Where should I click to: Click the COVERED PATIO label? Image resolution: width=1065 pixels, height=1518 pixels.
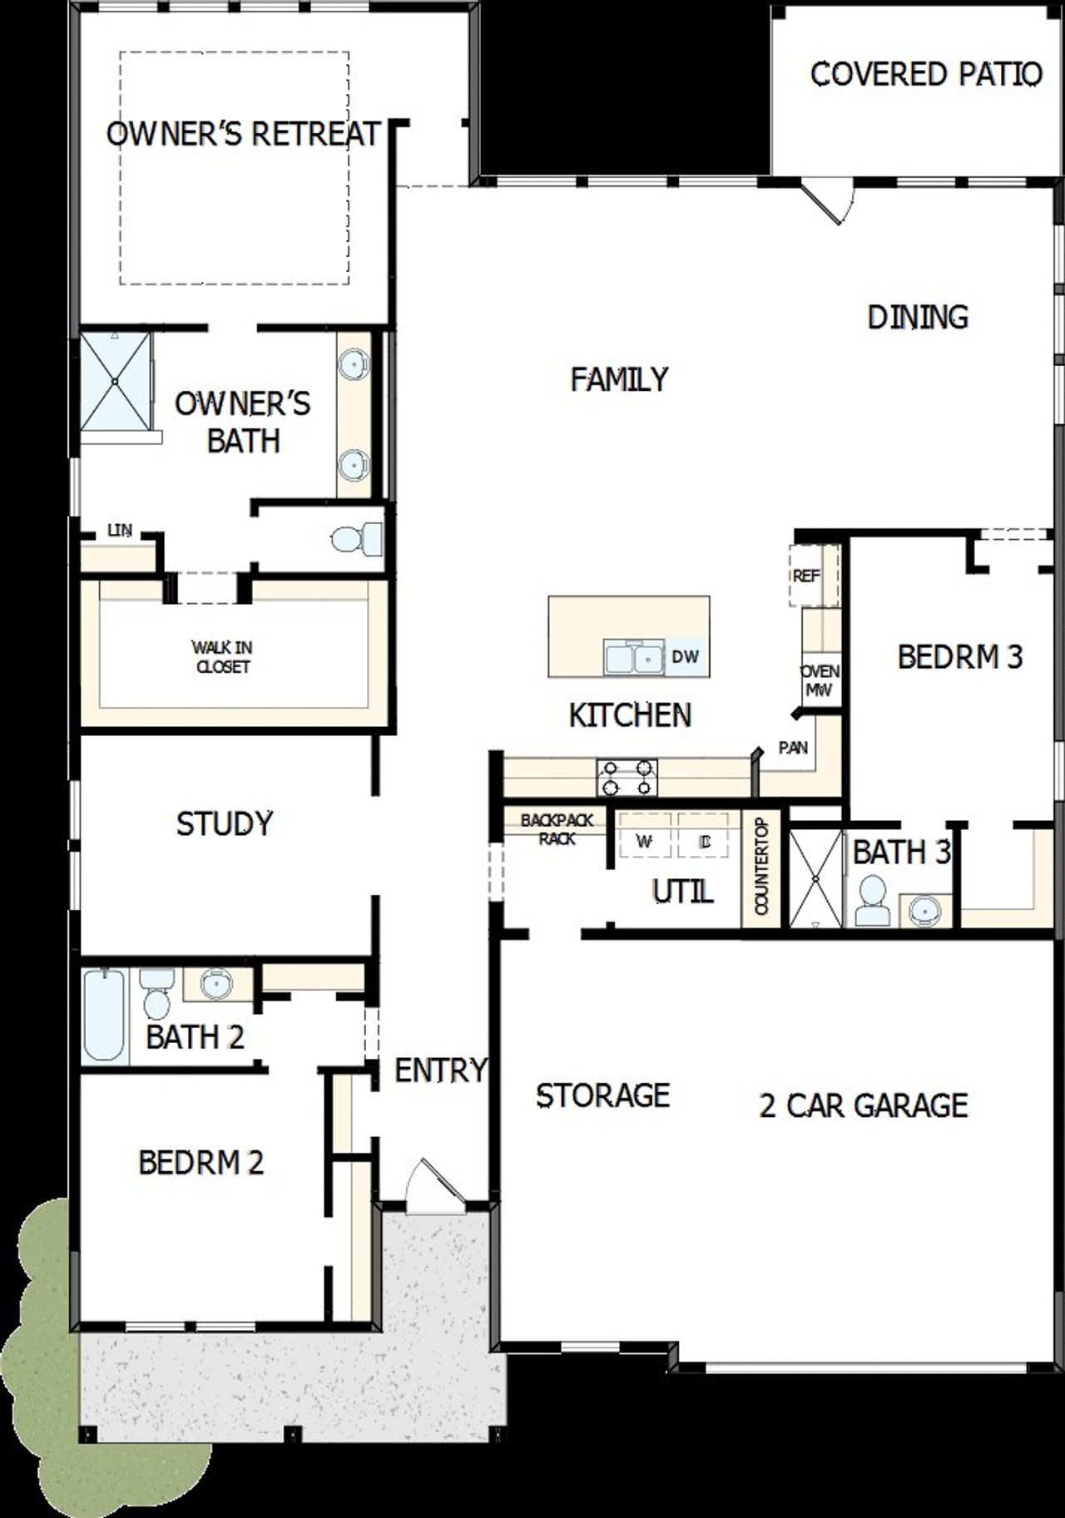[925, 74]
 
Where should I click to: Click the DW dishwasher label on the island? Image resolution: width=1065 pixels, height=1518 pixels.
[685, 657]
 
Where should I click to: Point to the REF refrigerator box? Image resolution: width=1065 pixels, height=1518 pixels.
[805, 576]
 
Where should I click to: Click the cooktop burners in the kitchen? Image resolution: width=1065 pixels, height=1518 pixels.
[627, 778]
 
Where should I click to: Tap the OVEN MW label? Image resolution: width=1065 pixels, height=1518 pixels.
[820, 680]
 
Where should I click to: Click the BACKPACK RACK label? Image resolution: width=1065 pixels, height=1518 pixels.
[557, 829]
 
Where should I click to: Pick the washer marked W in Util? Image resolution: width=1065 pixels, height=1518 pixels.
[643, 841]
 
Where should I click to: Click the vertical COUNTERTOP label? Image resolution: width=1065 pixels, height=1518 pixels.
[761, 866]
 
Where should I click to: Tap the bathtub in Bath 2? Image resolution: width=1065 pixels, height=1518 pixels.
[103, 1014]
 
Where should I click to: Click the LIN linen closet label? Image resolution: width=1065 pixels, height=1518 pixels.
[120, 531]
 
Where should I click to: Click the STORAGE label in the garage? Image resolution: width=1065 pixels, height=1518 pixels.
[602, 1095]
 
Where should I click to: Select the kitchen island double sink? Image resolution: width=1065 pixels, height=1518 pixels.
[633, 658]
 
